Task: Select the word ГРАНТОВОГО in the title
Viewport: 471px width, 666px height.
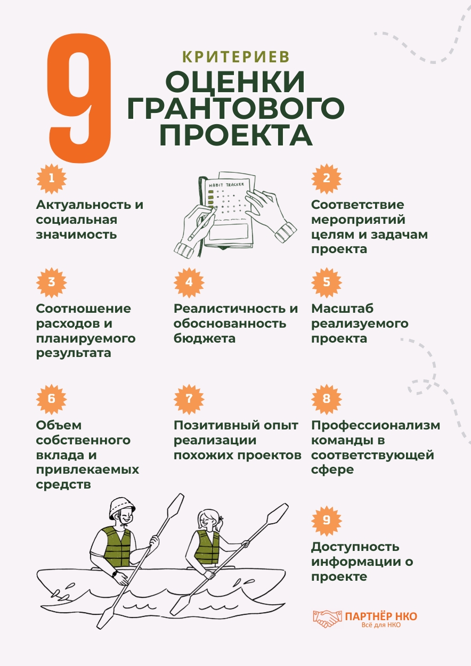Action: (x=235, y=109)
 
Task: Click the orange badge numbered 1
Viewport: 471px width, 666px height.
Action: (x=52, y=177)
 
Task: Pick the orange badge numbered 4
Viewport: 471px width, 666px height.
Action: (x=189, y=281)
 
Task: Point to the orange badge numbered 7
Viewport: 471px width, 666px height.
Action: (x=189, y=399)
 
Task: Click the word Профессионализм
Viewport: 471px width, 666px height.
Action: (x=376, y=425)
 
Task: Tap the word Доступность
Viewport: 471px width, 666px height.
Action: (x=355, y=547)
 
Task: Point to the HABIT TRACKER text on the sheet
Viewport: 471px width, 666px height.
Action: (x=226, y=184)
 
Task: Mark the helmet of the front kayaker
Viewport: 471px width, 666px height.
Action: (x=122, y=507)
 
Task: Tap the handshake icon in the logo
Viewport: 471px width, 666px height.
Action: (x=327, y=618)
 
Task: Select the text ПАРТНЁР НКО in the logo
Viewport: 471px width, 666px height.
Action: (x=381, y=616)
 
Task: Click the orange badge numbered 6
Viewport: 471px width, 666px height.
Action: (x=52, y=399)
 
